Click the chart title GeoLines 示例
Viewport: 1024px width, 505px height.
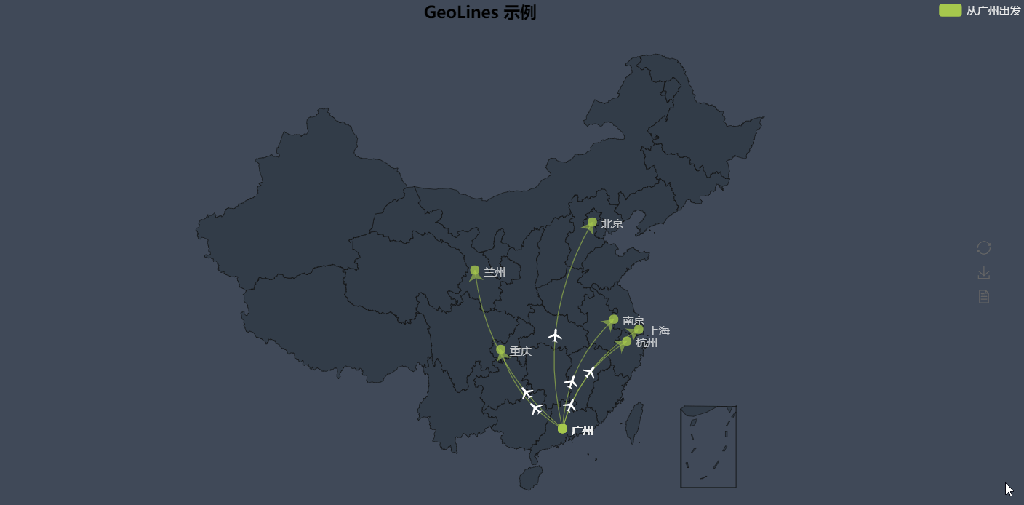[480, 12]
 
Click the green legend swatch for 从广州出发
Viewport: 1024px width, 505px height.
[951, 10]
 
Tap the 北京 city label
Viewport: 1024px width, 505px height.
[612, 224]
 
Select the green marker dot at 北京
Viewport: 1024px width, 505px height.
[592, 222]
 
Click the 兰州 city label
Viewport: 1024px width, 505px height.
[495, 272]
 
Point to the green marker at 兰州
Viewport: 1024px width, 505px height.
[475, 270]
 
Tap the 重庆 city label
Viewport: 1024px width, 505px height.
[520, 351]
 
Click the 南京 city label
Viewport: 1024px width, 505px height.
[633, 321]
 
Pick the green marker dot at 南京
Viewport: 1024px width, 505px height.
[614, 319]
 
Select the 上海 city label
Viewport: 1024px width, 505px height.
[659, 331]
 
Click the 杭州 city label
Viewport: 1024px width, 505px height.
[647, 343]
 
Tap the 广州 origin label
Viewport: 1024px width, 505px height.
[582, 431]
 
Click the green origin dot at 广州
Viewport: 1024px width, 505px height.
[562, 429]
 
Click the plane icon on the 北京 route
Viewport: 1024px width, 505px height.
[556, 335]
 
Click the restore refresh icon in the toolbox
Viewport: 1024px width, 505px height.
[984, 248]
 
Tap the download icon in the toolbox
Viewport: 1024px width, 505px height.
[984, 272]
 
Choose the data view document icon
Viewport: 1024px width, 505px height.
[984, 296]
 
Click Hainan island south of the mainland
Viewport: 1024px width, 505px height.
[531, 478]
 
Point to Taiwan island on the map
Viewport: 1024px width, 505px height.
[635, 422]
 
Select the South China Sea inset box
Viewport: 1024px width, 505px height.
[708, 447]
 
